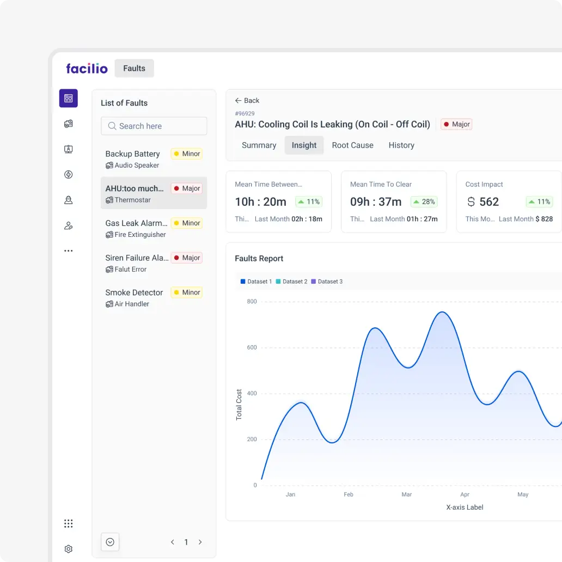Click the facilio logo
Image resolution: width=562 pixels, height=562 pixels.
point(87,69)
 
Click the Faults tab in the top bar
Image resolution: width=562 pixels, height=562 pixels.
point(134,69)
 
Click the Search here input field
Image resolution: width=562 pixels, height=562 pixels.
point(154,126)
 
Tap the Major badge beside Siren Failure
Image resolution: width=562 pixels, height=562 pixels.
point(186,258)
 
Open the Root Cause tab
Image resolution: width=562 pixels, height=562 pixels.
point(352,145)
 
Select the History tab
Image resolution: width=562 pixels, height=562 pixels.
point(401,145)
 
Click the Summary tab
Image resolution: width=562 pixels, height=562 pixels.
point(259,145)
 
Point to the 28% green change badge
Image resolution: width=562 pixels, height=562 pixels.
point(424,202)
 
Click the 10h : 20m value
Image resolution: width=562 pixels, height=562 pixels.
point(260,202)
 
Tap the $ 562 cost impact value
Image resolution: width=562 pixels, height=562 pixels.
point(483,202)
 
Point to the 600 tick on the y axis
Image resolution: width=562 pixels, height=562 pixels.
point(252,347)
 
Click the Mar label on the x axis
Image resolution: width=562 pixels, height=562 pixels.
point(406,494)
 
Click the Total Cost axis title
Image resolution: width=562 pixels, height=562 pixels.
point(239,405)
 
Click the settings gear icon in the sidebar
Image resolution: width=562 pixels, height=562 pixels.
point(68,549)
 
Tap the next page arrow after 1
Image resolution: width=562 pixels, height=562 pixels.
point(200,542)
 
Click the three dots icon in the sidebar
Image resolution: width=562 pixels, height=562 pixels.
point(68,251)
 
